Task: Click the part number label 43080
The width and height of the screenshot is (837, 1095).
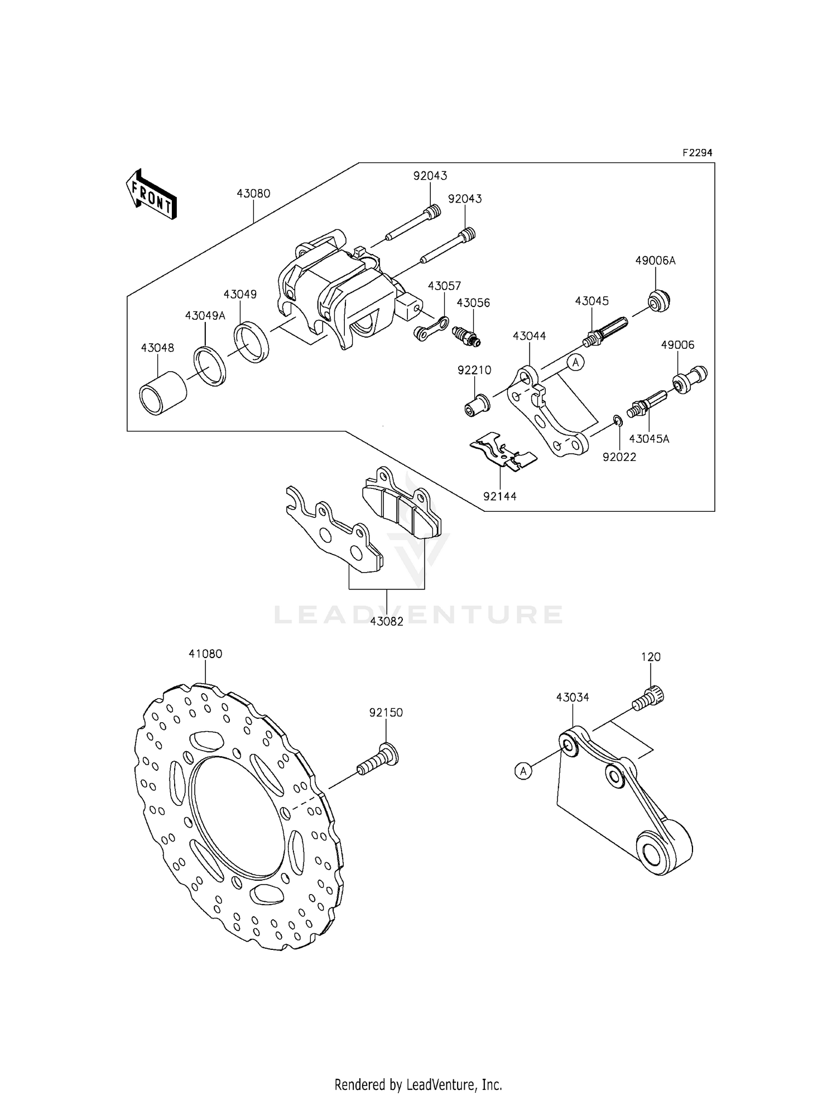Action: point(253,194)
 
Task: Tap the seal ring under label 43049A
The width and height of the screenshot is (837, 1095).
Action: point(210,366)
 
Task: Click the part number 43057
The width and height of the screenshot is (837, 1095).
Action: point(444,286)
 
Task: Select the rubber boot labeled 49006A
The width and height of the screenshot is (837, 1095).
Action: point(658,300)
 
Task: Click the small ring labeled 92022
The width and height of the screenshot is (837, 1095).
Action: point(618,420)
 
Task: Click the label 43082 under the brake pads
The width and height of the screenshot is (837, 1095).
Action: point(386,621)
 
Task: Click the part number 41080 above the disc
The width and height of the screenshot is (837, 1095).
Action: point(205,654)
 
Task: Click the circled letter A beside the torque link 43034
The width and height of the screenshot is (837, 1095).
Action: point(523,771)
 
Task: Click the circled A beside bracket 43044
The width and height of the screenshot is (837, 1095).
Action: point(576,362)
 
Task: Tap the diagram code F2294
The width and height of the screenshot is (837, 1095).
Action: point(697,152)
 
